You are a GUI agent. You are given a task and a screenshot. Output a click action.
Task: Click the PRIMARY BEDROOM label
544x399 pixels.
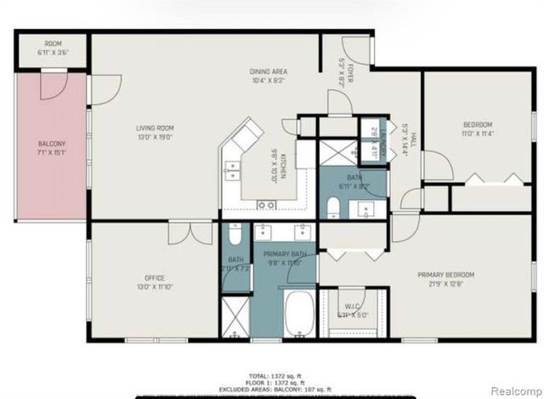pos(445,274)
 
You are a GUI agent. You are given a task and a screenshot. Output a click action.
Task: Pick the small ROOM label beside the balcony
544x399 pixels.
pos(54,43)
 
